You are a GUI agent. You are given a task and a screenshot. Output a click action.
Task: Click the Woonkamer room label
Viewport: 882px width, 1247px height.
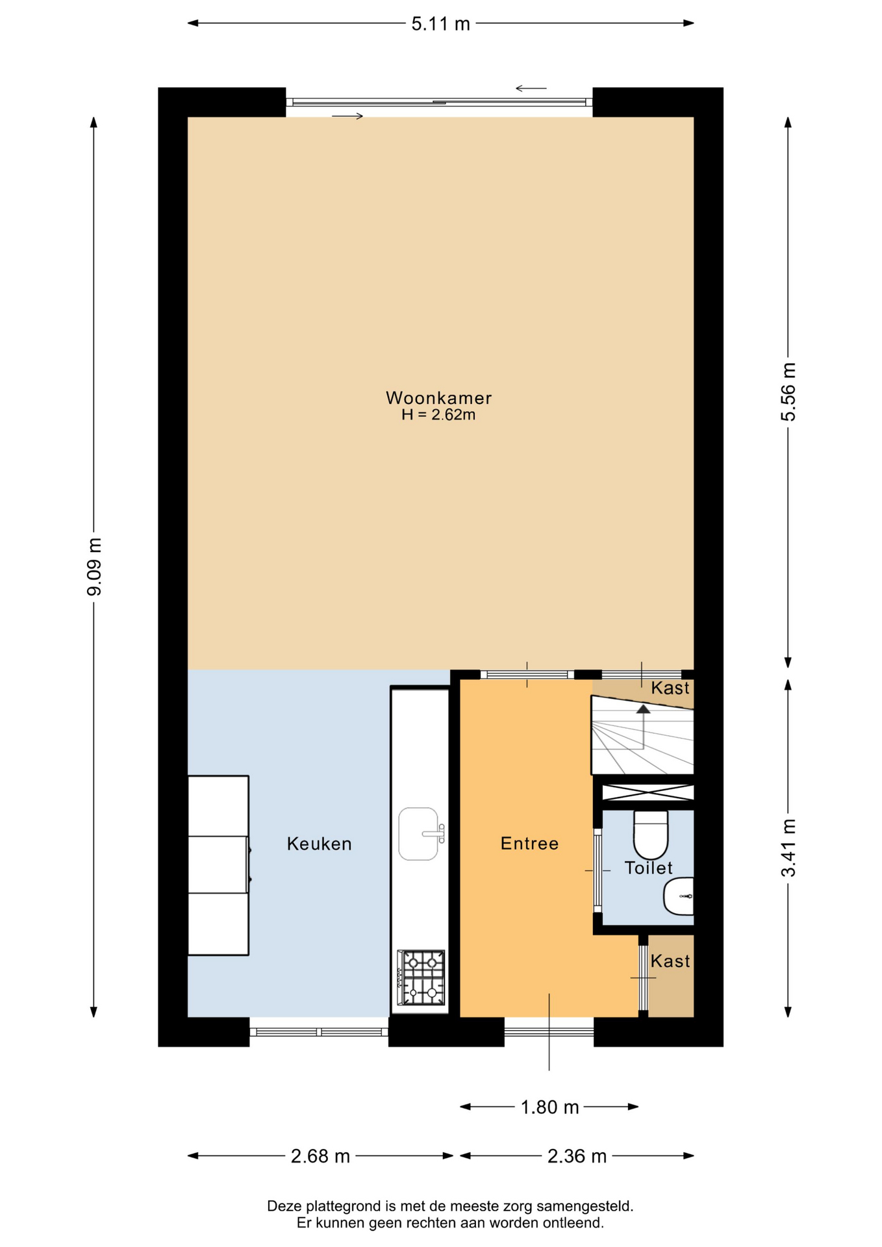pos(438,397)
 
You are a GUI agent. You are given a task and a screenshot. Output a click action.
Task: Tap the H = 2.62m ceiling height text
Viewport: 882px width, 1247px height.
pos(438,415)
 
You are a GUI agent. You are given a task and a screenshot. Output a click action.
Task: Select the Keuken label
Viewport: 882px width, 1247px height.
pos(319,844)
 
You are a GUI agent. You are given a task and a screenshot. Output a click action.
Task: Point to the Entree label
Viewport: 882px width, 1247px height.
pos(529,843)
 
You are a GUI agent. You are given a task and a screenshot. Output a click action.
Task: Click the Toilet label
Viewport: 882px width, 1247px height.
pos(648,868)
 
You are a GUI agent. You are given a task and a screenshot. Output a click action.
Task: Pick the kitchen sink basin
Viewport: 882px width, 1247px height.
pos(419,834)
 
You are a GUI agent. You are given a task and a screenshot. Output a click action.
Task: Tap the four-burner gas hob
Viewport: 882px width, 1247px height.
pos(421,977)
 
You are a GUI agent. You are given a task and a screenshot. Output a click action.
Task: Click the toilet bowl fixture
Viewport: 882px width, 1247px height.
pos(651,835)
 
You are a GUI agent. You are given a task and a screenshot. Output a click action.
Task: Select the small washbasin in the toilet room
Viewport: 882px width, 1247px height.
pos(679,896)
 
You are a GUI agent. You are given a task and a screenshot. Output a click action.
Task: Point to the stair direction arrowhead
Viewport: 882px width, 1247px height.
pos(643,709)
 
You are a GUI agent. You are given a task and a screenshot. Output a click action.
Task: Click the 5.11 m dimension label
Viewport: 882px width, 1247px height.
pos(440,24)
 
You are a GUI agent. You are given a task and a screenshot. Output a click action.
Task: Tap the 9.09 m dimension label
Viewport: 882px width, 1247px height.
pos(95,567)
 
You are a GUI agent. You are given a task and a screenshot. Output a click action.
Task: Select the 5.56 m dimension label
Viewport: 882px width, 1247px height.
pos(788,392)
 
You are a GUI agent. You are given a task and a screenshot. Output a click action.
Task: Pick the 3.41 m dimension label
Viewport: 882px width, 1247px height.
pos(788,848)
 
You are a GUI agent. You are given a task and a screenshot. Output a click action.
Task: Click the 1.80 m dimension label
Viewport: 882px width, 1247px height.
pos(549,1107)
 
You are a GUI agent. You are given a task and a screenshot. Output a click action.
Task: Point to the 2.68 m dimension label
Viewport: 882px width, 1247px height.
pos(320,1156)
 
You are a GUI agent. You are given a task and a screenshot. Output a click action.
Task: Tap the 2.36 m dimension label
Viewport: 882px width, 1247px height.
pos(577,1156)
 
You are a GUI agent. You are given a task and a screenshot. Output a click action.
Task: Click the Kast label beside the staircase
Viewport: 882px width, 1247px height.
pos(670,688)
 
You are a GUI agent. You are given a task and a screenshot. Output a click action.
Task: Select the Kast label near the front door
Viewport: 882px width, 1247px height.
pos(670,961)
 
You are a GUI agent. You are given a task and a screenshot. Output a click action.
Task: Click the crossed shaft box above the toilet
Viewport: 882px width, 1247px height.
pos(648,792)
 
